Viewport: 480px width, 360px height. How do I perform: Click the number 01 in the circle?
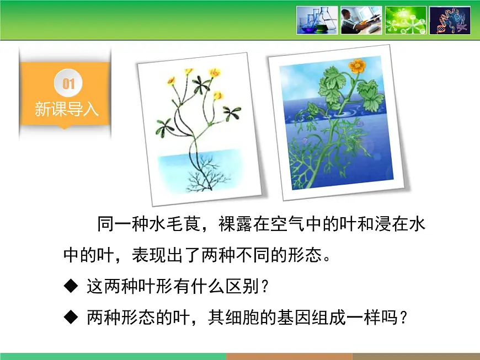(68, 84)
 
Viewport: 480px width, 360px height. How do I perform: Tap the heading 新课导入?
(66, 109)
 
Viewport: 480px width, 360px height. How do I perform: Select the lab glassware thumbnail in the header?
(317, 20)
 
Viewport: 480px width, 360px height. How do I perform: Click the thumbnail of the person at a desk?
(361, 20)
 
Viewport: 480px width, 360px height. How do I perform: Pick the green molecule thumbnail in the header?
(406, 20)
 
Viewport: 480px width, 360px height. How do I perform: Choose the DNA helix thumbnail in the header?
(450, 20)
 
